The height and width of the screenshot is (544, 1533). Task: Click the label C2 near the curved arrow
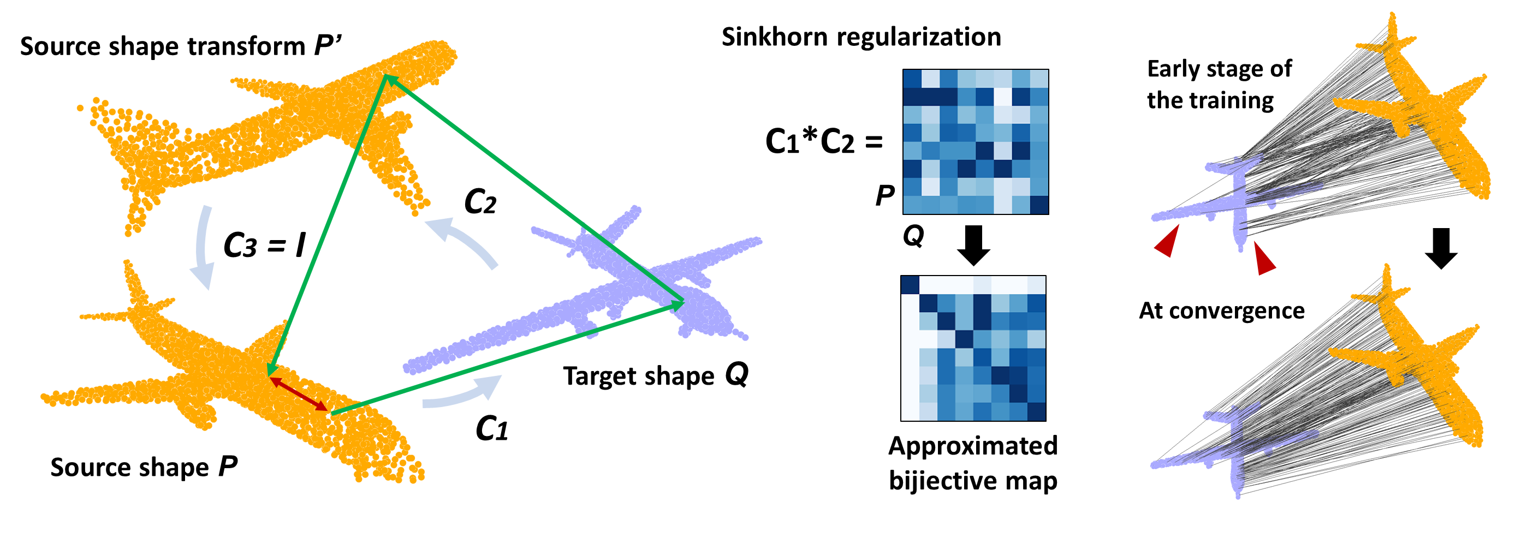[x=480, y=201]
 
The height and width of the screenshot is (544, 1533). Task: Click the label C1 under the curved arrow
[x=491, y=429]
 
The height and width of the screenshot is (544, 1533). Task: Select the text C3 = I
[x=264, y=244]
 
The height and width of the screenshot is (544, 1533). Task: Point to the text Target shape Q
[x=655, y=376]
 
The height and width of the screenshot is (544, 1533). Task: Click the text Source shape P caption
[x=144, y=467]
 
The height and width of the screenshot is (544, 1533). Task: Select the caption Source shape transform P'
[x=180, y=46]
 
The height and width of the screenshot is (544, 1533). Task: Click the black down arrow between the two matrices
[x=973, y=244]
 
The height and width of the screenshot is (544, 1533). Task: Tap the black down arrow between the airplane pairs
[x=1441, y=248]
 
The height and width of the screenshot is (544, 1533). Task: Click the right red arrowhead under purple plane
[x=1263, y=259]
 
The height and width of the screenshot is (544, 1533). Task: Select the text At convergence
[x=1221, y=310]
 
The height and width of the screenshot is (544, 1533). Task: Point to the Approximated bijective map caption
[x=972, y=463]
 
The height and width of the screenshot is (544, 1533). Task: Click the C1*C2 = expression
[x=824, y=142]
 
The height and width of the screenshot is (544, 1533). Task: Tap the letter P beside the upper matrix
[x=885, y=195]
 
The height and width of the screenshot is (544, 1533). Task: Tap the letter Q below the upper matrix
[x=913, y=236]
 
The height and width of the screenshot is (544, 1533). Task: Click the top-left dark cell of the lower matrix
[x=910, y=285]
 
